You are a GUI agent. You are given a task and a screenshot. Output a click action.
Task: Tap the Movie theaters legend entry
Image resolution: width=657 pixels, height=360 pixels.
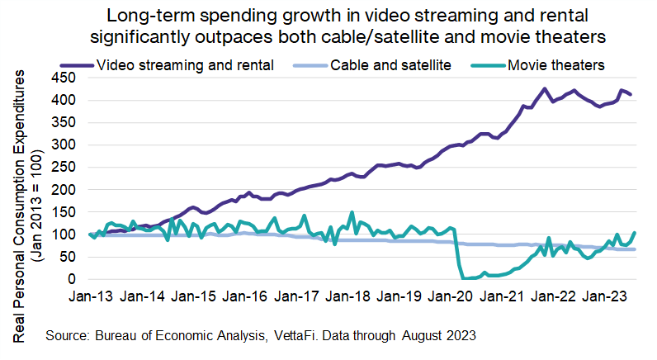pyautogui.click(x=557, y=64)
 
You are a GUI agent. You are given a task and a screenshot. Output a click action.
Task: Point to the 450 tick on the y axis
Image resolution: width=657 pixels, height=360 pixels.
pyautogui.click(x=64, y=78)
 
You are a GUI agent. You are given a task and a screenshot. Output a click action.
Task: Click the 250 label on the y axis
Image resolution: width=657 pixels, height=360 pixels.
pyautogui.click(x=64, y=168)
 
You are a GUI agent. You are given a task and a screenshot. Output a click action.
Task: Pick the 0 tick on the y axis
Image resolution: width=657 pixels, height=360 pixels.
pyautogui.click(x=72, y=280)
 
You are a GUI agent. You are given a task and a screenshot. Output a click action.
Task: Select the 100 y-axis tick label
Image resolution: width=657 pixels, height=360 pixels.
pyautogui.click(x=64, y=235)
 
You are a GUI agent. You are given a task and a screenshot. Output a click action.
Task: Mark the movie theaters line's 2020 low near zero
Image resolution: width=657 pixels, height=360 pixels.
pyautogui.click(x=467, y=278)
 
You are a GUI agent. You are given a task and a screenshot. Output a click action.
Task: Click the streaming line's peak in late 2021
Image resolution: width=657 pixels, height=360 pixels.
pyautogui.click(x=544, y=88)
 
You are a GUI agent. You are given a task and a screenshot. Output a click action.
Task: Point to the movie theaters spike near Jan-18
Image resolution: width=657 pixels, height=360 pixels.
pyautogui.click(x=352, y=212)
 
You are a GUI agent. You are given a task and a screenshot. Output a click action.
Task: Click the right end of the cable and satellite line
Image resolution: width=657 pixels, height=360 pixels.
pyautogui.click(x=633, y=249)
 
